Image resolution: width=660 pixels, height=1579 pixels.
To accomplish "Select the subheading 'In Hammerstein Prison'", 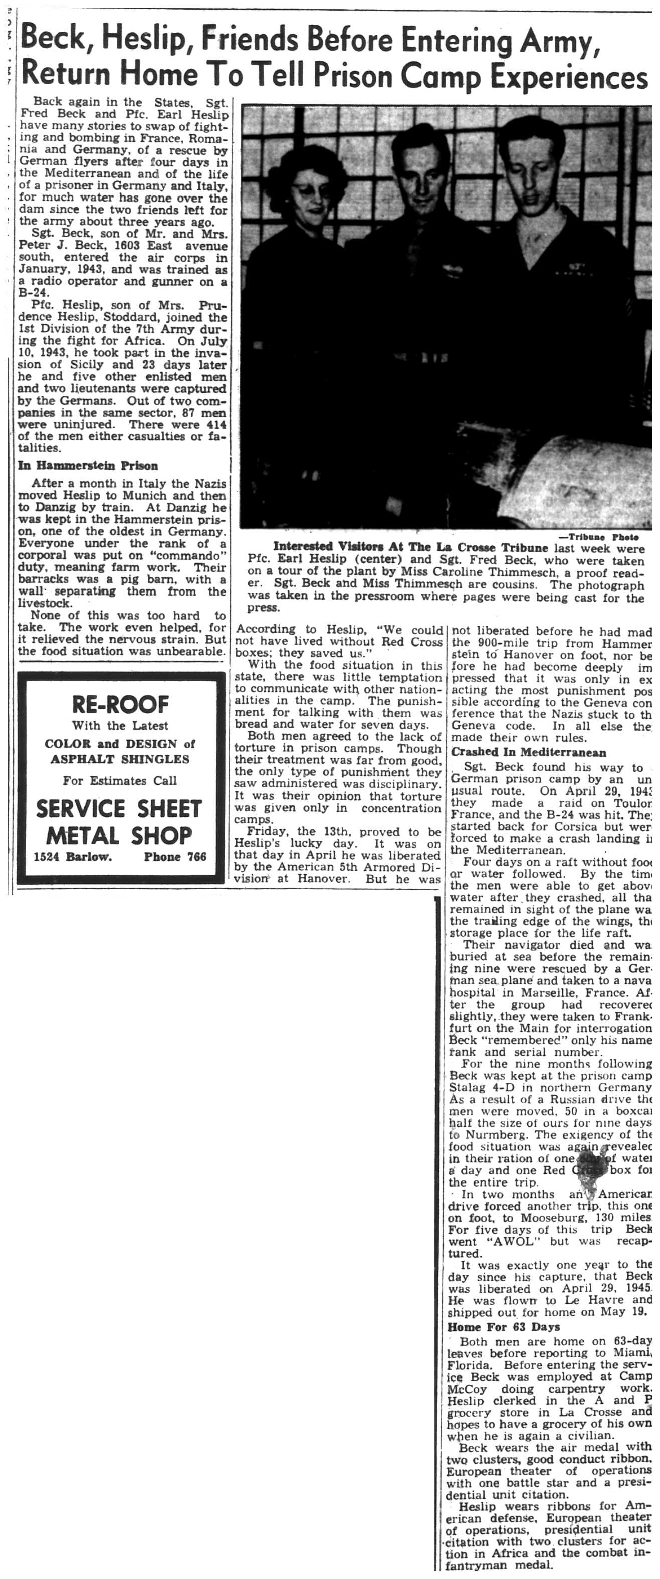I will (88, 465).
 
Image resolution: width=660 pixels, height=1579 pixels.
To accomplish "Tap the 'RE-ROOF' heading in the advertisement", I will (120, 704).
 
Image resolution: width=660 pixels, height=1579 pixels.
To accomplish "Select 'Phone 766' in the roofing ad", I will (175, 856).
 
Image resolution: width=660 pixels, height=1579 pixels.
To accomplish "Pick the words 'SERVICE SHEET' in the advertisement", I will (119, 809).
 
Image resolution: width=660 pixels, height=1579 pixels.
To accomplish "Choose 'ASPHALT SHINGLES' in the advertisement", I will (120, 759).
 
